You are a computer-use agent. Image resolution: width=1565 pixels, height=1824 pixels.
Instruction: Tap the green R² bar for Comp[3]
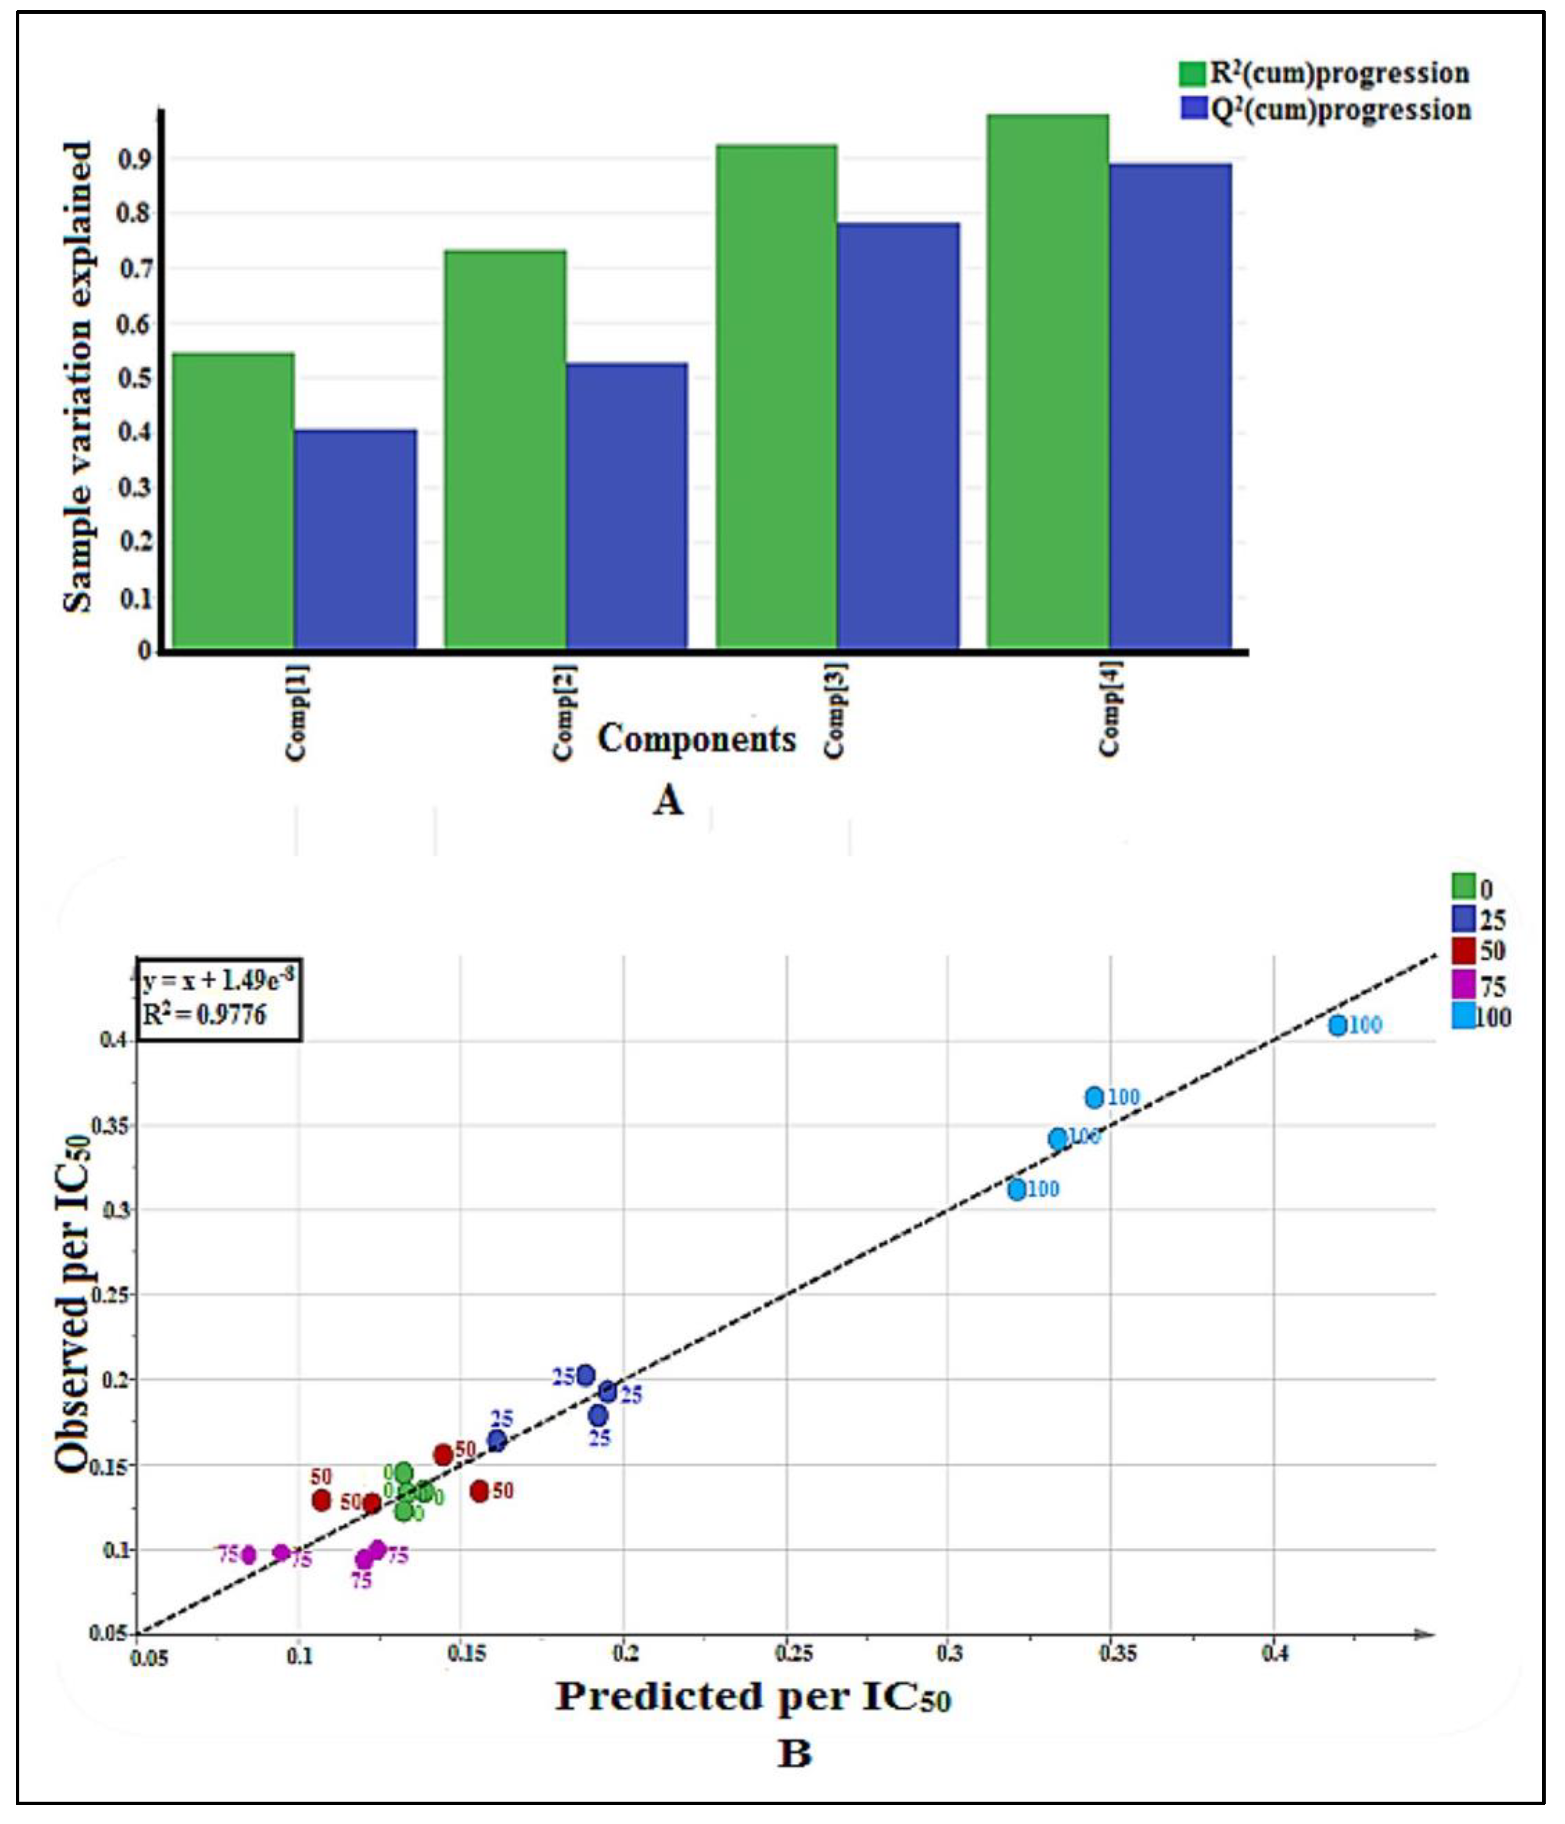click(776, 396)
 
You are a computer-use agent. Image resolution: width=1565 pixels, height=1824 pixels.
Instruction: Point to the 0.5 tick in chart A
click(134, 378)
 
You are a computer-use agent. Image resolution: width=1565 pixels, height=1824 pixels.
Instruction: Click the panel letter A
click(668, 800)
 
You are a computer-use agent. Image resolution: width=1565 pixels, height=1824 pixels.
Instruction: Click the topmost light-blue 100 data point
click(1337, 1026)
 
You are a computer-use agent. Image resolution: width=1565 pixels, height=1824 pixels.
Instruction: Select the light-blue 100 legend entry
click(1480, 1017)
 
